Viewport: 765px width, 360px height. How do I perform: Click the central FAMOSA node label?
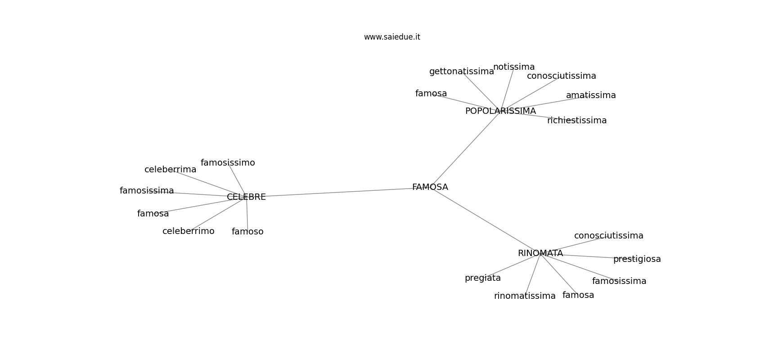point(430,187)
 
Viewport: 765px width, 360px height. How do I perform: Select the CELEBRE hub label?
point(246,197)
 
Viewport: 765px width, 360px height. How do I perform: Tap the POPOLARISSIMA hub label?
point(500,111)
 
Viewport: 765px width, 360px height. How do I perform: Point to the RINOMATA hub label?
point(540,253)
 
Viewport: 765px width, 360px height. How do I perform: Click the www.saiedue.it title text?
point(392,37)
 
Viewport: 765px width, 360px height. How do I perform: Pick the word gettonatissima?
point(461,72)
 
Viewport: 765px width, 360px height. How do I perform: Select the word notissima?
point(514,67)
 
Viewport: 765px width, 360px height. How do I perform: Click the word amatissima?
point(590,95)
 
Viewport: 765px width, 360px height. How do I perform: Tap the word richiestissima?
point(577,121)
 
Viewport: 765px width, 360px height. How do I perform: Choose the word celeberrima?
point(170,170)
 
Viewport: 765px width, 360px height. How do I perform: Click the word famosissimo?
point(228,163)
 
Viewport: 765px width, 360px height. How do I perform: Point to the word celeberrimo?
point(188,231)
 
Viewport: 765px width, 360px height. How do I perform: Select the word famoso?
point(247,232)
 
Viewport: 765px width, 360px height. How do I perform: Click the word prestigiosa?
point(637,259)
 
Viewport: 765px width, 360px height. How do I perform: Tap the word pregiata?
point(482,278)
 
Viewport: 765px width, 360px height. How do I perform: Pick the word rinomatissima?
point(525,296)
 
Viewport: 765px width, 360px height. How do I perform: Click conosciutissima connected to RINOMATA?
point(608,236)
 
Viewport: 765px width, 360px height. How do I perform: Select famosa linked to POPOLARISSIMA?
point(431,94)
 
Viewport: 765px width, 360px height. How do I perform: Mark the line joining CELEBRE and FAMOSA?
point(337,192)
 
